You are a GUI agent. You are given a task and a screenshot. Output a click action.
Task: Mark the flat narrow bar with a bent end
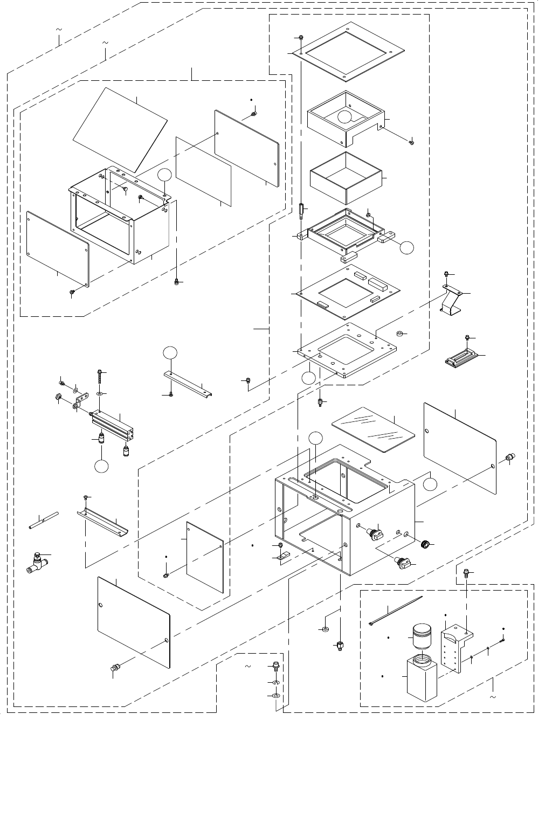click(x=187, y=383)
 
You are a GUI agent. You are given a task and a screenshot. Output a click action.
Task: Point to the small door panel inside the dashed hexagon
click(x=205, y=557)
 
